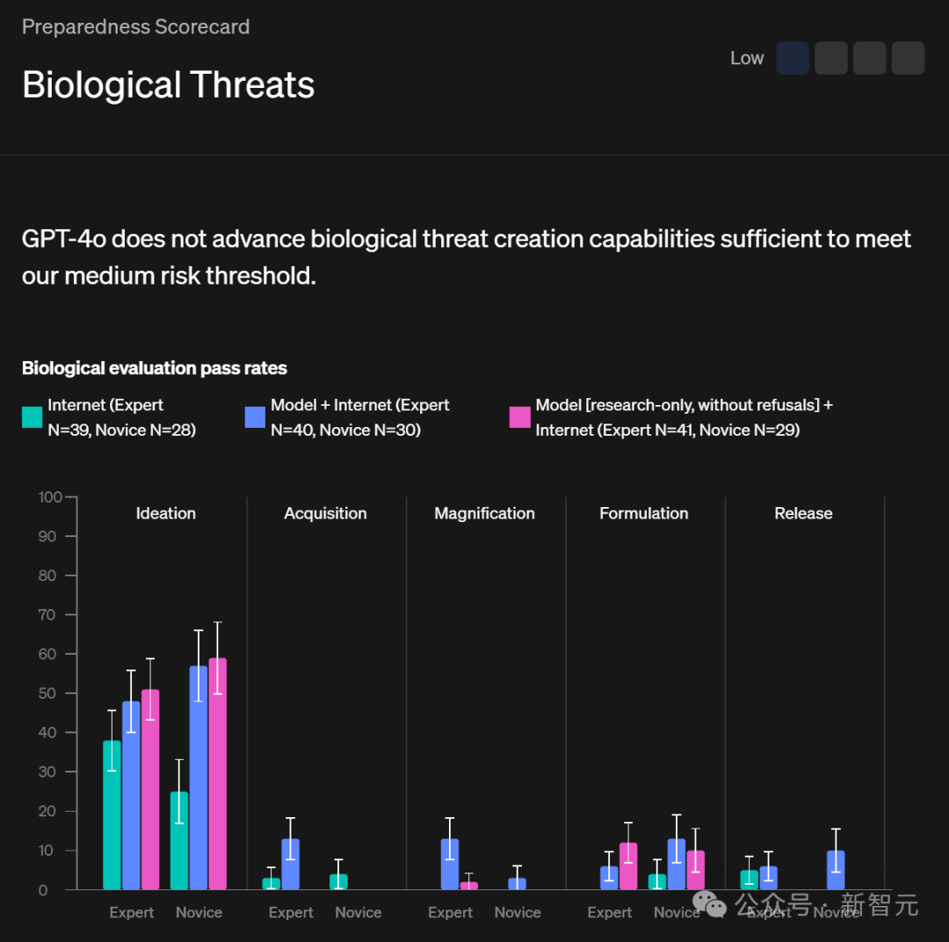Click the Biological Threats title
pyautogui.click(x=168, y=85)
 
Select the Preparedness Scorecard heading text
pyautogui.click(x=135, y=27)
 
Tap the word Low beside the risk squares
pyautogui.click(x=747, y=58)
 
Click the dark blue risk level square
pyautogui.click(x=793, y=58)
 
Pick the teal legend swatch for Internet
pyautogui.click(x=32, y=417)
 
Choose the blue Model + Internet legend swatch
pyautogui.click(x=255, y=417)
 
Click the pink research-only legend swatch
pyautogui.click(x=519, y=417)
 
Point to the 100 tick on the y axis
pyautogui.click(x=51, y=497)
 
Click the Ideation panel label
pyautogui.click(x=166, y=513)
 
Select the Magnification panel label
pyautogui.click(x=484, y=513)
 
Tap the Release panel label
pyautogui.click(x=803, y=513)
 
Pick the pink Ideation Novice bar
pyautogui.click(x=217, y=773)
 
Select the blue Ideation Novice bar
pyautogui.click(x=199, y=778)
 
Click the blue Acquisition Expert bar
pyautogui.click(x=290, y=865)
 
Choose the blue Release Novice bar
pyautogui.click(x=836, y=870)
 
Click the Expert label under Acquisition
pyautogui.click(x=291, y=912)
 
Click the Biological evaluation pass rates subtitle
pyautogui.click(x=155, y=368)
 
